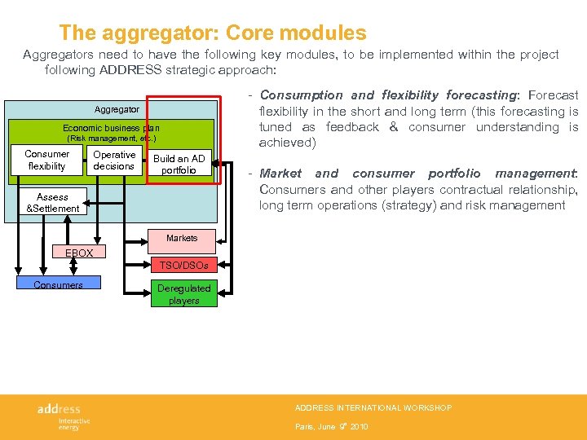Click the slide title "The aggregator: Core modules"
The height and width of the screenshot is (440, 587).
point(213,33)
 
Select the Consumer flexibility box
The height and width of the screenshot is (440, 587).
point(46,161)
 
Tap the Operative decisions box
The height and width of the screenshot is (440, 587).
point(114,161)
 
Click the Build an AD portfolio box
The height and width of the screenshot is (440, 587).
point(179,164)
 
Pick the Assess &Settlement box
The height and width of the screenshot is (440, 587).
point(52,202)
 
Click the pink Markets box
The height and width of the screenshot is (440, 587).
point(181,239)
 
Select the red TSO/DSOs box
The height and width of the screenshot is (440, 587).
point(183,265)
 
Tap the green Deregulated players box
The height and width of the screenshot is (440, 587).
point(183,294)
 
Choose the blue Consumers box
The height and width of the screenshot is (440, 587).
point(58,284)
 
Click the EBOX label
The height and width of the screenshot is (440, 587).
point(79,253)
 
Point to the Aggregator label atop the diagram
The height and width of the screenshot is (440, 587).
point(117,109)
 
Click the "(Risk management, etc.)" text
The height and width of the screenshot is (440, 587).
point(111,139)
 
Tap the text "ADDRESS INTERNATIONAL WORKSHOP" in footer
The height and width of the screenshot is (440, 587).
point(373,407)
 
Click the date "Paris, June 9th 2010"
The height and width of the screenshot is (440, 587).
point(332,426)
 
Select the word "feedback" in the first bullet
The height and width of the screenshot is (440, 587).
point(352,127)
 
